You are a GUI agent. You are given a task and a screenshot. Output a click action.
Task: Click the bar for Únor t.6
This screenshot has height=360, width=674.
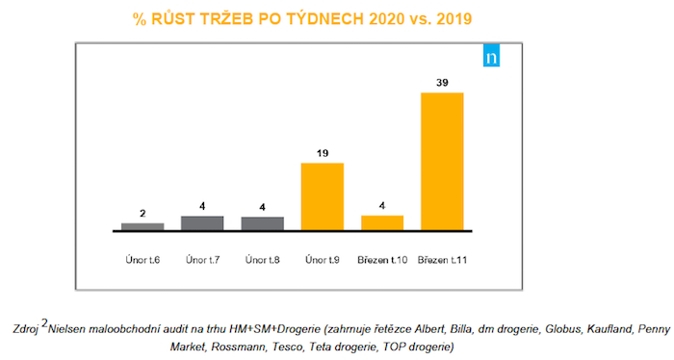point(143,227)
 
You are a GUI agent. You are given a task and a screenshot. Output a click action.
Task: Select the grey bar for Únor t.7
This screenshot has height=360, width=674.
point(202,223)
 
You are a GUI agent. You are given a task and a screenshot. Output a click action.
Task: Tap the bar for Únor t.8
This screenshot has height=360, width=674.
point(262,223)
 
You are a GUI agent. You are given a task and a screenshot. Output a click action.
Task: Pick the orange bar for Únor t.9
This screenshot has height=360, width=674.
point(322,197)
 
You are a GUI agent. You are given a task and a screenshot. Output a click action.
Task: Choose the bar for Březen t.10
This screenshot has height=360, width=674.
point(382,223)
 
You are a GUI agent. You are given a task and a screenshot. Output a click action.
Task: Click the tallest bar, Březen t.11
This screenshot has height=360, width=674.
point(442,162)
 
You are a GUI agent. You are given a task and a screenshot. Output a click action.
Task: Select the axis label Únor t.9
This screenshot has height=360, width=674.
point(322,259)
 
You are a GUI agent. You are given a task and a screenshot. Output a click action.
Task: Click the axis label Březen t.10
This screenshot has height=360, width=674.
point(382,259)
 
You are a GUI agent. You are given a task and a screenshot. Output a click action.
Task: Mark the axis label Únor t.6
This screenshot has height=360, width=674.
point(143,259)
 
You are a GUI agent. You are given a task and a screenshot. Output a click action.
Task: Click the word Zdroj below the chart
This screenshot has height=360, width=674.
point(27,327)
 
